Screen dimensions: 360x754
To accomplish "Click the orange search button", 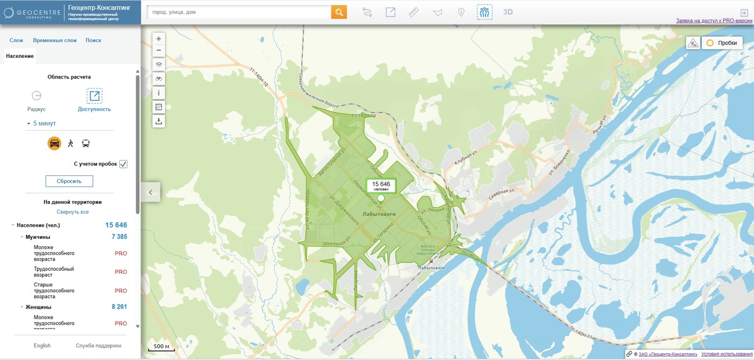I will point(339,12).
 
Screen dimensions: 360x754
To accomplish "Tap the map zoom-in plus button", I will point(158,38).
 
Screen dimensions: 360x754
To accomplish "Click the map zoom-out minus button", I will point(158,50).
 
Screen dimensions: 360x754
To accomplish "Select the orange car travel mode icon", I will point(55,143).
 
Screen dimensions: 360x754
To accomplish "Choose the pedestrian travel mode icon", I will point(70,143).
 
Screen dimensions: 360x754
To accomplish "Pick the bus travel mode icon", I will point(85,143).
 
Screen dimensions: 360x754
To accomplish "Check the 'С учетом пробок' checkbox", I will point(124,164).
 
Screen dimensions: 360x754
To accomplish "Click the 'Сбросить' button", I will point(69,181).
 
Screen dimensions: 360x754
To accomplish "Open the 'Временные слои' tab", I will point(55,40).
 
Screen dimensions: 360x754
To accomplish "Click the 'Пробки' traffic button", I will point(721,43).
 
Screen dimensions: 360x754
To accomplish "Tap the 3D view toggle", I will point(508,12).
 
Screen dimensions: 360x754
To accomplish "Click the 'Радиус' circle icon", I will point(36,96).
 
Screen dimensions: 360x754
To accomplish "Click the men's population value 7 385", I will point(119,237).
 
